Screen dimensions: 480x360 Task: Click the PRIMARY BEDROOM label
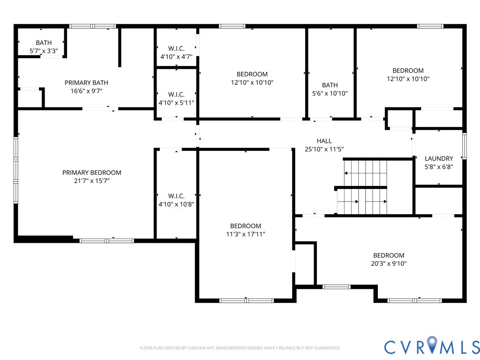(92, 172)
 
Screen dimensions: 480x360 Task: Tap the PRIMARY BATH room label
(86, 82)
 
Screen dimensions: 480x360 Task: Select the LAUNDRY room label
(439, 158)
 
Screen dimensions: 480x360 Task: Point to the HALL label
(324, 141)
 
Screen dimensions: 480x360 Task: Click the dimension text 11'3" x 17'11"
(246, 234)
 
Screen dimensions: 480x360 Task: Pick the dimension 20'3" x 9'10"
(389, 263)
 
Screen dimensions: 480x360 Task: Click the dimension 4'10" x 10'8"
(176, 204)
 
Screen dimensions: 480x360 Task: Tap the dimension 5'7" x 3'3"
(44, 51)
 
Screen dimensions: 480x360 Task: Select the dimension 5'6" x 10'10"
(330, 93)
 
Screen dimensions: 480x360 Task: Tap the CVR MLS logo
(432, 346)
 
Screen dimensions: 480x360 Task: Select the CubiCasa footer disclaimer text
(240, 348)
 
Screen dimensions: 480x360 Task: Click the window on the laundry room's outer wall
(464, 146)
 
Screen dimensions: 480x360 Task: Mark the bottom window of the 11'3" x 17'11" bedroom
(247, 300)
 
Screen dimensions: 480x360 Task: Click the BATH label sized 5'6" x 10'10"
(330, 85)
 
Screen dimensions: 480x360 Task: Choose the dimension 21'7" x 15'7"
(92, 181)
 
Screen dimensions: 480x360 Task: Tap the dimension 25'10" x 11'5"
(324, 150)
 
